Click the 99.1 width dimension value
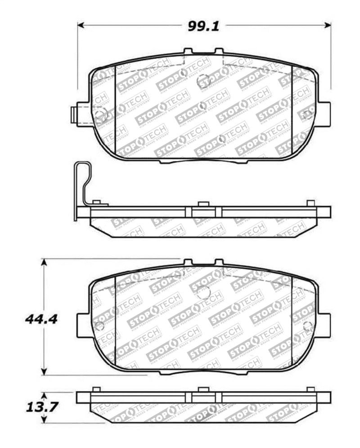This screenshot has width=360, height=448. [203, 26]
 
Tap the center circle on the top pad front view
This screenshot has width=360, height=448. [203, 80]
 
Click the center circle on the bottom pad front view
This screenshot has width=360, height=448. [203, 291]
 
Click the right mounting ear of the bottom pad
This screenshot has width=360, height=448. [323, 325]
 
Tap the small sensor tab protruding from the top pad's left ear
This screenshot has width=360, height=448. [74, 114]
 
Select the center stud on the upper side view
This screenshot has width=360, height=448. [203, 204]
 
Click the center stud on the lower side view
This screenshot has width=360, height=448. [203, 389]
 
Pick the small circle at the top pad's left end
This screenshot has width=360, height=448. [100, 114]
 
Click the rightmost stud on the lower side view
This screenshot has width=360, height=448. [310, 389]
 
